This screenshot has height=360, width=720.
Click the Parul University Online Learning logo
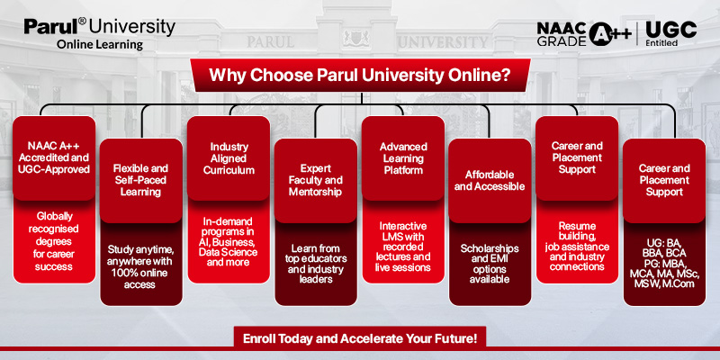pyautogui.click(x=100, y=33)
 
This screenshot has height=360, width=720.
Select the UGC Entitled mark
pyautogui.click(x=670, y=34)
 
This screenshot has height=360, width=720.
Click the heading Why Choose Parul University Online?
pyautogui.click(x=361, y=75)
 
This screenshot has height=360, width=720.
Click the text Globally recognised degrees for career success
pyautogui.click(x=54, y=241)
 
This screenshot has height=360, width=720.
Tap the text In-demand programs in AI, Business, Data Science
pyautogui.click(x=229, y=241)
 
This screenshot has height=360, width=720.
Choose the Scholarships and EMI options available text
pyautogui.click(x=490, y=264)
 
